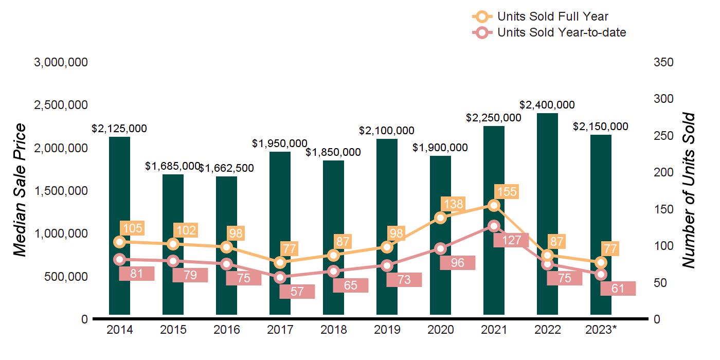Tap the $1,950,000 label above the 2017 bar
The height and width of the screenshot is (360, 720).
[x=280, y=143]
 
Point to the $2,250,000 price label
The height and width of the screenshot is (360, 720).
[x=494, y=117]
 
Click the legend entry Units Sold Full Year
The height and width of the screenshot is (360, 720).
[x=553, y=16]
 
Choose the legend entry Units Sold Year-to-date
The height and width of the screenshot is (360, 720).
[x=562, y=33]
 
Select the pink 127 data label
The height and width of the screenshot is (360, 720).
[x=511, y=240]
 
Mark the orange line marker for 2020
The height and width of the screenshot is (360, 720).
[x=440, y=218]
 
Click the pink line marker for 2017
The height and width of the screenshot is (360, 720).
[x=280, y=277]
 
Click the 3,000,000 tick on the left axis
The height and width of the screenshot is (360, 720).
[x=61, y=63]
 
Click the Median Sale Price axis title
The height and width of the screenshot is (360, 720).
[x=20, y=190]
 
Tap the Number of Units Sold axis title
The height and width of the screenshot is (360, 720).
[x=688, y=190]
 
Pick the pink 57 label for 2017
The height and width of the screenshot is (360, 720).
[x=297, y=292]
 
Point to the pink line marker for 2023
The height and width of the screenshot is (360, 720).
[x=601, y=274]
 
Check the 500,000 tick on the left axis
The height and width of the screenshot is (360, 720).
[x=61, y=277]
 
